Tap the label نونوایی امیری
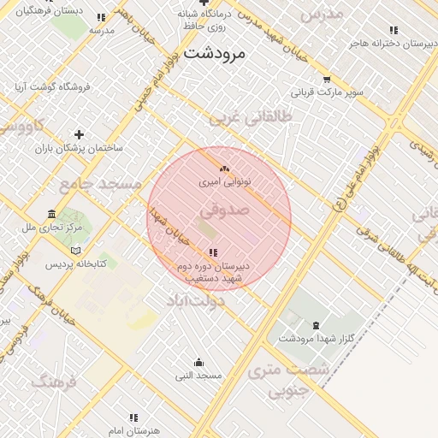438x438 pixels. (x=224, y=182)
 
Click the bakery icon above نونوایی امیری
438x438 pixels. (x=224, y=169)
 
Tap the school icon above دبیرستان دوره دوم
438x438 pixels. (x=212, y=252)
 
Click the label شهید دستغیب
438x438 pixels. (x=213, y=279)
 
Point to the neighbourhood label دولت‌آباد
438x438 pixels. (x=194, y=301)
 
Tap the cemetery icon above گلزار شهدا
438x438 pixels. (x=317, y=325)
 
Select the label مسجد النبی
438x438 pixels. (x=198, y=376)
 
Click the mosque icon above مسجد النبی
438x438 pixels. (x=198, y=362)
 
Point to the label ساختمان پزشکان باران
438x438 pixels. (x=79, y=148)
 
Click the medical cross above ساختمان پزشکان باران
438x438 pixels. (x=79, y=134)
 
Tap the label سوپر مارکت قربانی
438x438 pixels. (x=328, y=91)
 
